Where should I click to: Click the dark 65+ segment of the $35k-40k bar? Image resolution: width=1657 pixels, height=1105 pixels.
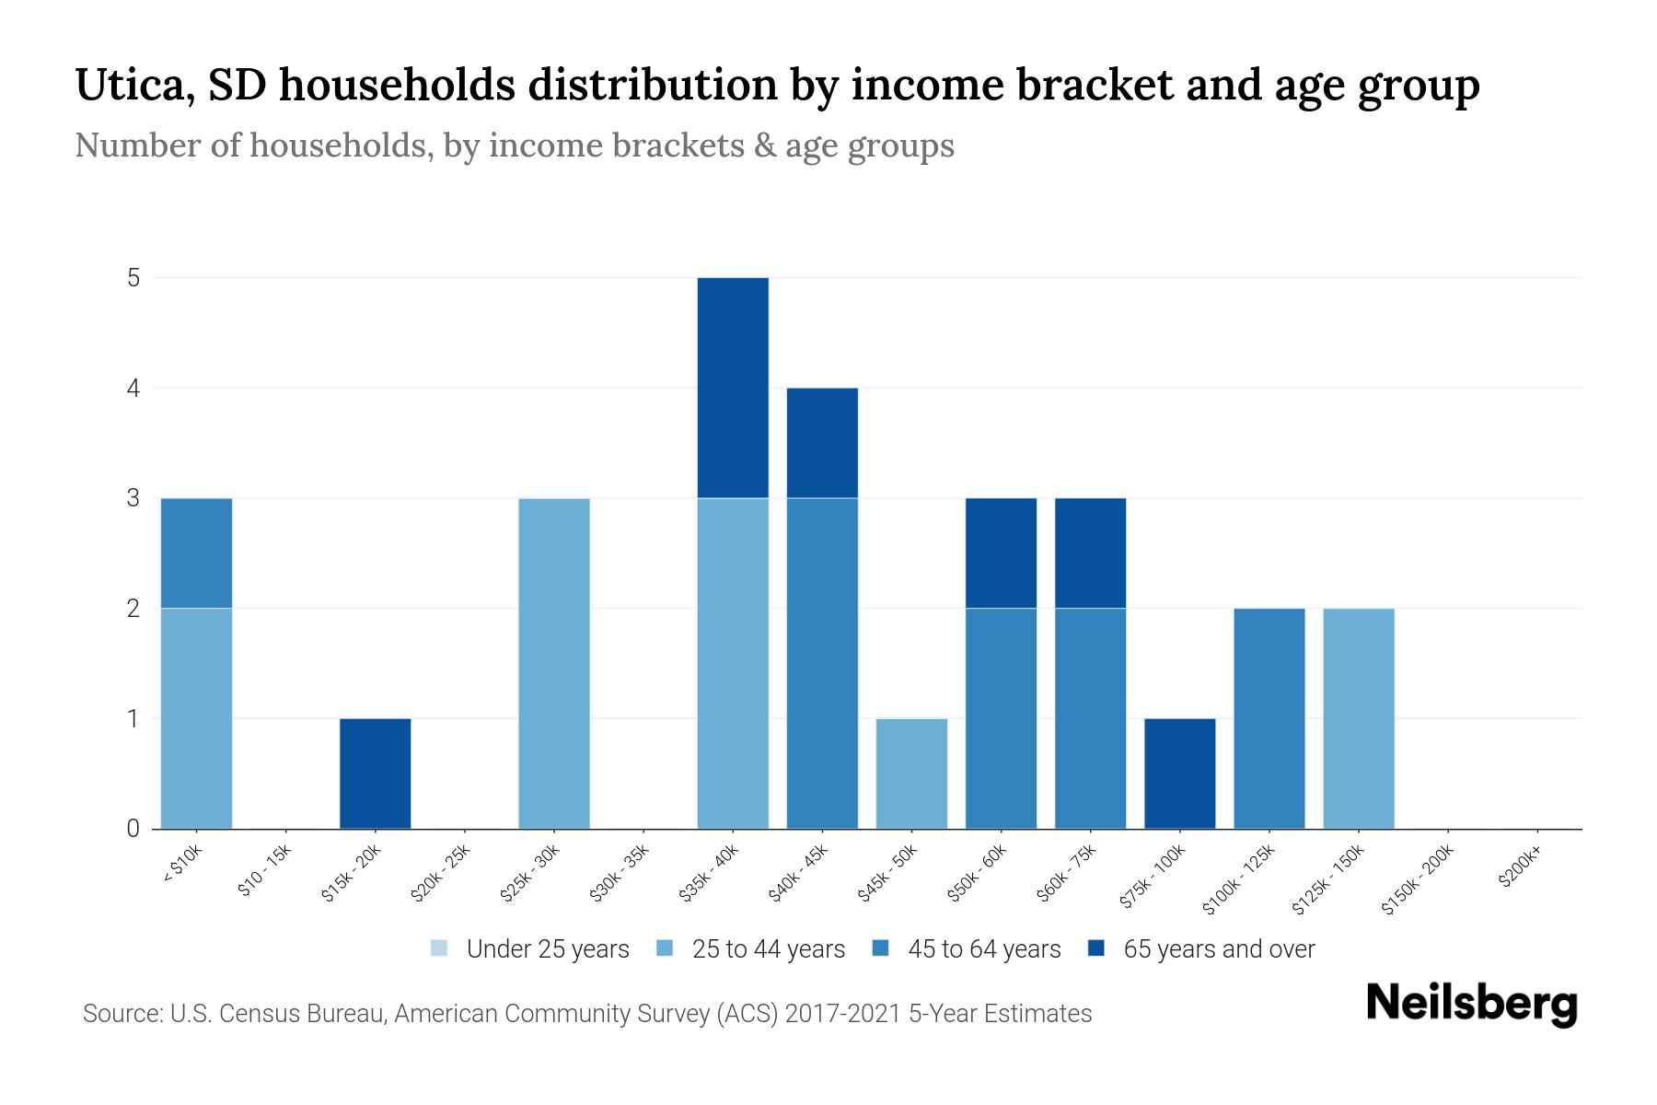[x=733, y=387]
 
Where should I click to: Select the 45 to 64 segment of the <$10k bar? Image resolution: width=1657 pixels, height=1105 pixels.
[x=196, y=552]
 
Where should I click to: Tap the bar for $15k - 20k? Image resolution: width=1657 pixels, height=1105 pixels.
[x=375, y=773]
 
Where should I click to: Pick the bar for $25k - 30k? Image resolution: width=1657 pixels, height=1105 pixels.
[x=554, y=663]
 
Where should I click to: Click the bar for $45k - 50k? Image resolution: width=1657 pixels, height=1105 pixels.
[x=911, y=773]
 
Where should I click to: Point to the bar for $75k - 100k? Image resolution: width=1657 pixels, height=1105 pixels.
[x=1179, y=773]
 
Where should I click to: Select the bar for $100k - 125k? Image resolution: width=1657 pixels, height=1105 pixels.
[x=1269, y=718]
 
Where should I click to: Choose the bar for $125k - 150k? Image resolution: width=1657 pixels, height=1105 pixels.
[x=1359, y=718]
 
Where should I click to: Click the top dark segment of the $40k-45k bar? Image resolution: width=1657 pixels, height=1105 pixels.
[x=822, y=442]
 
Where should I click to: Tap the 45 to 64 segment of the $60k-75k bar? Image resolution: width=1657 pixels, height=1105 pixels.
[x=1090, y=718]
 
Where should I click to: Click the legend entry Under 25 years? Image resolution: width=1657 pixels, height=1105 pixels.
[x=530, y=949]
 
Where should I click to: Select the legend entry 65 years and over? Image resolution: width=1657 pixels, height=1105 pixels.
[x=1201, y=949]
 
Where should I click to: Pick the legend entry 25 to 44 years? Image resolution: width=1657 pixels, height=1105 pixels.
[x=751, y=949]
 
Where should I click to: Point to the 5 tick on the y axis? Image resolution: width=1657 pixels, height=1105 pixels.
[x=134, y=277]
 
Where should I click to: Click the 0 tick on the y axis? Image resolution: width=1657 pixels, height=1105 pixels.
[x=134, y=829]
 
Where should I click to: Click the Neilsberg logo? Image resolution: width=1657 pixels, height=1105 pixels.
[x=1471, y=1004]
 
